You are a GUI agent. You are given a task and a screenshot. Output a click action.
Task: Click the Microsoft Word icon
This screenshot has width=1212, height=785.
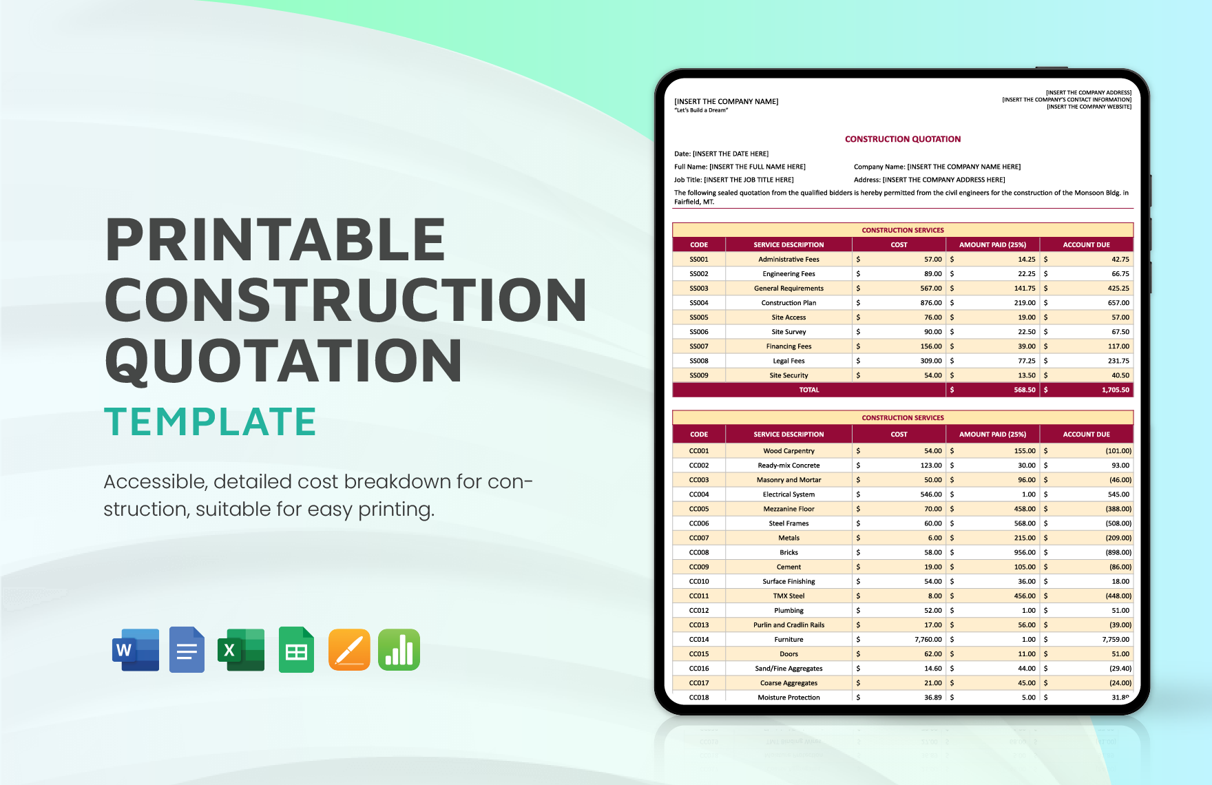(136, 649)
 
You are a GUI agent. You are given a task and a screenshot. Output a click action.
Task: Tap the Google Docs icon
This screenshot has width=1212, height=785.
(187, 649)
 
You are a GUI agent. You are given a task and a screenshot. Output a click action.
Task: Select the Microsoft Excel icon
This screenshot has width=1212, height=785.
(241, 649)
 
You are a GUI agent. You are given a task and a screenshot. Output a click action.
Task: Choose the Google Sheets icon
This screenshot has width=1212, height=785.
(296, 649)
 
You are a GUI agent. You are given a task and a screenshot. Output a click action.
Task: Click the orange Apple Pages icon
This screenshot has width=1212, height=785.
(349, 649)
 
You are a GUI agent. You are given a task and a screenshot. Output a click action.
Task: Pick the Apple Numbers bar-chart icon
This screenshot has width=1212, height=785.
(399, 649)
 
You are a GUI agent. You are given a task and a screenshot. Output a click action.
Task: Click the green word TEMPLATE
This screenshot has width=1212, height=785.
(210, 421)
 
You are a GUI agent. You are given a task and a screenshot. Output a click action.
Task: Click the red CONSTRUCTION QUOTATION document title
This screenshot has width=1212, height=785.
(902, 139)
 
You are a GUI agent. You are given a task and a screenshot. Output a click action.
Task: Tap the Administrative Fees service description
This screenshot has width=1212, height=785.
(788, 260)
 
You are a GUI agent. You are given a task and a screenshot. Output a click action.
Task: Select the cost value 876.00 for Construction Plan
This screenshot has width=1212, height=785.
(930, 303)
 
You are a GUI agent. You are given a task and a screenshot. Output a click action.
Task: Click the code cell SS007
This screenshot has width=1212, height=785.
(698, 346)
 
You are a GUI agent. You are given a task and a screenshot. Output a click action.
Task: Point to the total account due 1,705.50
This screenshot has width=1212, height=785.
(1115, 390)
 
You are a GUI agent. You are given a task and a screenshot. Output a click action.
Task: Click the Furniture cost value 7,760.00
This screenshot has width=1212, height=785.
(928, 640)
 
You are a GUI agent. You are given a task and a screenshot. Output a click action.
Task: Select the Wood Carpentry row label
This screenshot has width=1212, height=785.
(788, 451)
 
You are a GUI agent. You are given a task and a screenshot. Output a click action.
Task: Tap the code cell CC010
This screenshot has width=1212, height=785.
(698, 582)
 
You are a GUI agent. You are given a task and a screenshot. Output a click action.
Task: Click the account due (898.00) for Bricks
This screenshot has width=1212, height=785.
(1118, 553)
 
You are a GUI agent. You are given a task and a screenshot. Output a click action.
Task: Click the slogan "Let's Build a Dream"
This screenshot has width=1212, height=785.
(701, 110)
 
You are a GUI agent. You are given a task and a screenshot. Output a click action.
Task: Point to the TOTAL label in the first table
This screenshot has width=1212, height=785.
(808, 390)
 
